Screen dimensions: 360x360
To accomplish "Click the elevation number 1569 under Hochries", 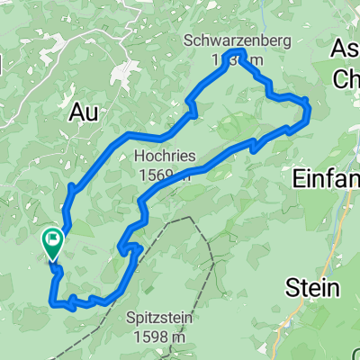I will pyautogui.click(x=157, y=174).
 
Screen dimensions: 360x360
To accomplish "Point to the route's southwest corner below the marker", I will pyautogui.click(x=51, y=301).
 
